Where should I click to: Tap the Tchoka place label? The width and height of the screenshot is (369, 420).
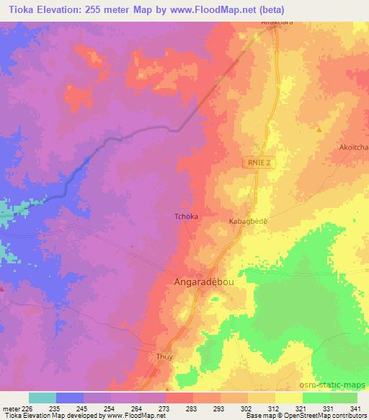click(x=187, y=216)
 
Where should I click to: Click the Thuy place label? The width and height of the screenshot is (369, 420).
click(x=166, y=356)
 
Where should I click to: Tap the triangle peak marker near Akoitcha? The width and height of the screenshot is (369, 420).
click(x=319, y=129)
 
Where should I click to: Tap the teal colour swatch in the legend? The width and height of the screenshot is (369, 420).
click(x=43, y=398)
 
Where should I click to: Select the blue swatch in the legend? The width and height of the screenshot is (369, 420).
click(x=70, y=398)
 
